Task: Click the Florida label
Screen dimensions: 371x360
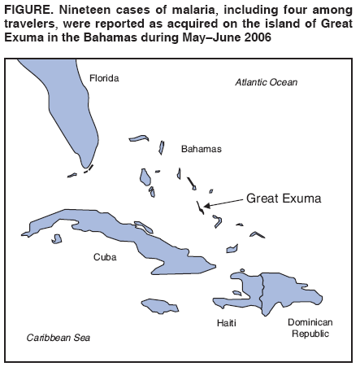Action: coord(104,78)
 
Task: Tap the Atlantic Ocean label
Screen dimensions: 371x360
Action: coord(266,82)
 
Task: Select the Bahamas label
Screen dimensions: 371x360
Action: coord(200,149)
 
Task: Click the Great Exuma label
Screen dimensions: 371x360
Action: coord(284,198)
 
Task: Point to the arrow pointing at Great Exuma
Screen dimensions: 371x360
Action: coord(223,201)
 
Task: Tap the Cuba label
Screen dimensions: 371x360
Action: coord(105,256)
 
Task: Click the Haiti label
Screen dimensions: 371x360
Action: coord(227,323)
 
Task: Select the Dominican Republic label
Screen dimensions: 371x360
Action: coord(310,328)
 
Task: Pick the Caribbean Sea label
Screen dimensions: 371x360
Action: coord(59,337)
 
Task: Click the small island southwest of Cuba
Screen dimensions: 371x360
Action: coord(56,239)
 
